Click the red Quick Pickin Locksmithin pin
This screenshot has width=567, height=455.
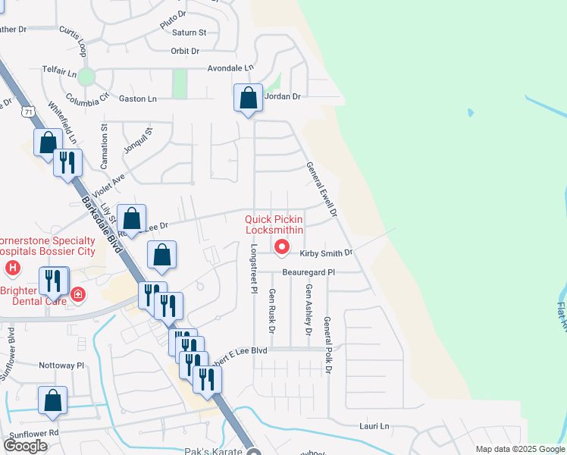[x=281, y=246]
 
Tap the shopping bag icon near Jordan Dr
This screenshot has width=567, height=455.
[x=249, y=98]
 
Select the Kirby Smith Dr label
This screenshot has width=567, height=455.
[x=326, y=253]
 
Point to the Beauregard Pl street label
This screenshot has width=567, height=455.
[x=309, y=271]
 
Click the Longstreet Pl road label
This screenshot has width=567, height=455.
[x=253, y=269]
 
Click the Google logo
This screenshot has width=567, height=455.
[x=25, y=446]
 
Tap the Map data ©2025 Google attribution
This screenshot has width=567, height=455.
[x=519, y=449]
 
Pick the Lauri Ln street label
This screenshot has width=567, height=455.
[x=374, y=426]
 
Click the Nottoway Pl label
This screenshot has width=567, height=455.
[x=60, y=366]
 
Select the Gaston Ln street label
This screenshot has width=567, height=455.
[x=138, y=99]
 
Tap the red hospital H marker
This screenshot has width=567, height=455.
[x=12, y=268]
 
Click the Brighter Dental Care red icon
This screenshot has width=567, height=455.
[x=77, y=294]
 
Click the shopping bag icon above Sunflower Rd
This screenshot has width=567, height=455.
[x=52, y=401]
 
